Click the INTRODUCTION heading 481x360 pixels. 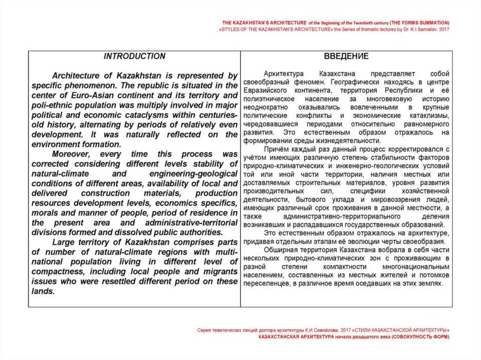pyautogui.click(x=134, y=56)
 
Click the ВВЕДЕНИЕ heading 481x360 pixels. pyautogui.click(x=346, y=56)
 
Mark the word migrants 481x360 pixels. pyautogui.click(x=220, y=272)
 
